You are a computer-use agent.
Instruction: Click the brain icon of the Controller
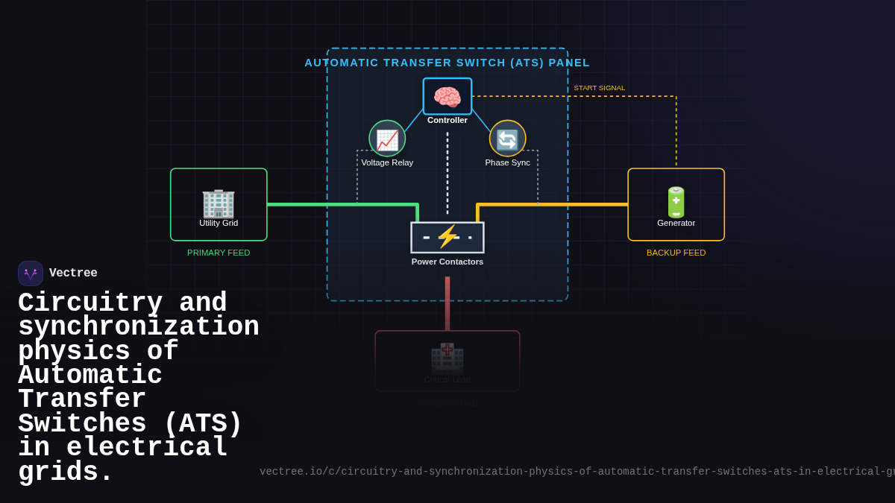[447, 97]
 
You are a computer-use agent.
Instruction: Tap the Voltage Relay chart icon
[387, 139]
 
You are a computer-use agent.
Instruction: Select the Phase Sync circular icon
[507, 139]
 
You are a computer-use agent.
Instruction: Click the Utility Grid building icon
[219, 202]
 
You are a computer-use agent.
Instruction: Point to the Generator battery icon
[676, 202]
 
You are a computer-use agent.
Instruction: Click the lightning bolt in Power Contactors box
[447, 237]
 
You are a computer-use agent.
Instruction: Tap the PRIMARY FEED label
[219, 253]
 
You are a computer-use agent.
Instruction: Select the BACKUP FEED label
[676, 253]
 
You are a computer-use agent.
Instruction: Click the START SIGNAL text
[599, 88]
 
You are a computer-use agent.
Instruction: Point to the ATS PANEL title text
[447, 63]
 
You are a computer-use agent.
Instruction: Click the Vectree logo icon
[31, 273]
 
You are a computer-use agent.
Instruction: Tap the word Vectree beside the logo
[73, 273]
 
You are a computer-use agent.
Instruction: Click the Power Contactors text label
[447, 262]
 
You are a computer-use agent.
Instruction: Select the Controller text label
[447, 120]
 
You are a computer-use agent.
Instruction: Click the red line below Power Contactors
[447, 302]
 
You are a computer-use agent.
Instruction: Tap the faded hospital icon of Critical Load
[447, 358]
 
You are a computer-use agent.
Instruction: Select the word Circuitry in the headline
[90, 303]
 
